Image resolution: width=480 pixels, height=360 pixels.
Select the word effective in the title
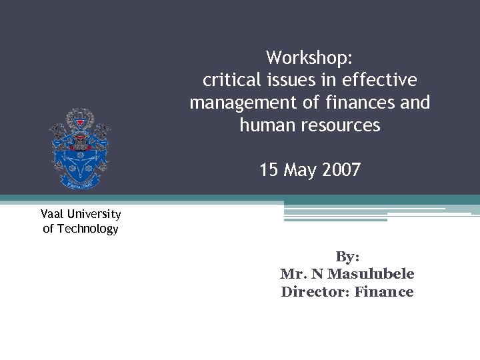(379, 81)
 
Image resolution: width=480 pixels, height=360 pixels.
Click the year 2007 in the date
(341, 171)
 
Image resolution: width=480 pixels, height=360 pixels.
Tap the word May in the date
(300, 171)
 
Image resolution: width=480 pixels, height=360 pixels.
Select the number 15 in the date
(269, 171)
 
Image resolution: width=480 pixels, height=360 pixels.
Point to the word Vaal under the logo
(53, 214)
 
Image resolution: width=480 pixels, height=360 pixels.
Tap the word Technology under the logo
(88, 229)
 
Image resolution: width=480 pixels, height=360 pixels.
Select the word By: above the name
(347, 257)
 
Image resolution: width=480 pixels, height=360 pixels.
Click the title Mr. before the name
(291, 274)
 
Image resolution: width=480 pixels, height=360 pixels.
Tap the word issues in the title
(299, 81)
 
